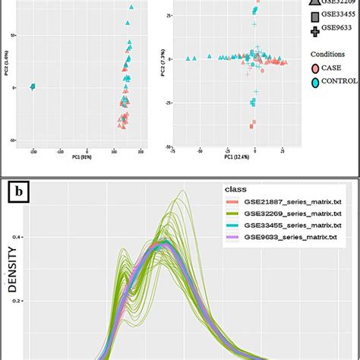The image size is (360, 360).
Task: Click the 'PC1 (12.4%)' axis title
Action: point(238,157)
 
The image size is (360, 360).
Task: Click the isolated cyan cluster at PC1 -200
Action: point(33,87)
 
